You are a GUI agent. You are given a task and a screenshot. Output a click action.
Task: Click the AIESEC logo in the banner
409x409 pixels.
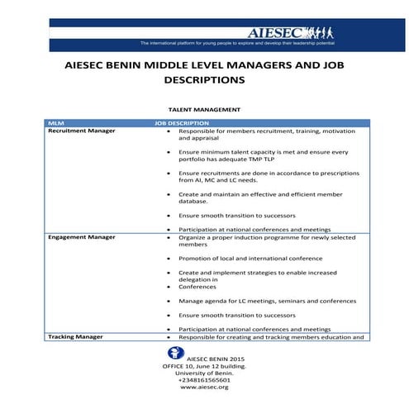point(278,32)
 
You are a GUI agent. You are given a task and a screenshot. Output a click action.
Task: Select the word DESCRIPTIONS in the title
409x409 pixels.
point(204,81)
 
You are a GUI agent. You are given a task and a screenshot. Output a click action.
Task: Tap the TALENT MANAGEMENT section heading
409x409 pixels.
point(203,109)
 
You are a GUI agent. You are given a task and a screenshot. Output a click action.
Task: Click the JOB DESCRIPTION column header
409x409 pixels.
point(182,123)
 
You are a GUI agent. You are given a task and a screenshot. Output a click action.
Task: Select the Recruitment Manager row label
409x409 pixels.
point(81,131)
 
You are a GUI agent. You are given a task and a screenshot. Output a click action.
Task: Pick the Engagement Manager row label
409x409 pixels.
point(81,237)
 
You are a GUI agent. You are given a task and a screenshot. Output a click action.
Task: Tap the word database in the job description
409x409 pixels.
point(194,201)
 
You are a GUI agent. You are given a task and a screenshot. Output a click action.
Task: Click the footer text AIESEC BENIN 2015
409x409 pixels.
point(205,359)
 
